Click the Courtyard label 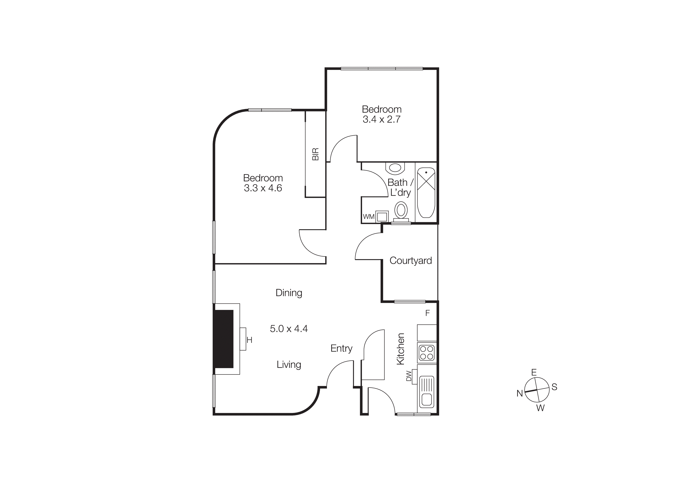410,260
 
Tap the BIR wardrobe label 315,154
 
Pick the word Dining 289,293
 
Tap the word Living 289,364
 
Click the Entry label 341,348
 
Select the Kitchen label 400,349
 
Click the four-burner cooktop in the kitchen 427,353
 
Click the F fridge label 427,313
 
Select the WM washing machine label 368,217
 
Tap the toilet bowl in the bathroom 401,210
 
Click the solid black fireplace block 224,339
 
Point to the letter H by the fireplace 249,340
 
